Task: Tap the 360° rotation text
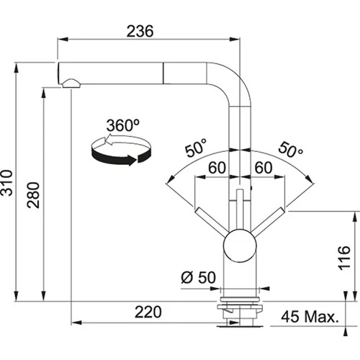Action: pos(122,125)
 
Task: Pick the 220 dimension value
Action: pos(148,314)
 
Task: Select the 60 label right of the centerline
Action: pos(261,168)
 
